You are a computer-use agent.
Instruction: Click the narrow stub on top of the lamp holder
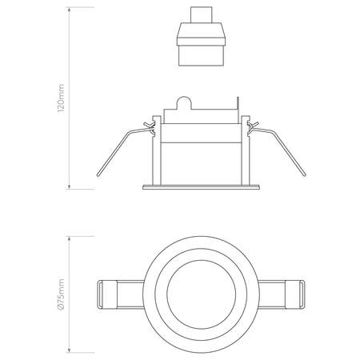(x=201, y=15)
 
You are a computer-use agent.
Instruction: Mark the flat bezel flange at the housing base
(x=200, y=188)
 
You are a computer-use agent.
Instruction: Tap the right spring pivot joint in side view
(x=253, y=126)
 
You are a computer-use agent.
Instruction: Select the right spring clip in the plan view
(x=282, y=294)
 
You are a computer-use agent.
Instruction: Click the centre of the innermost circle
(x=200, y=294)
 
